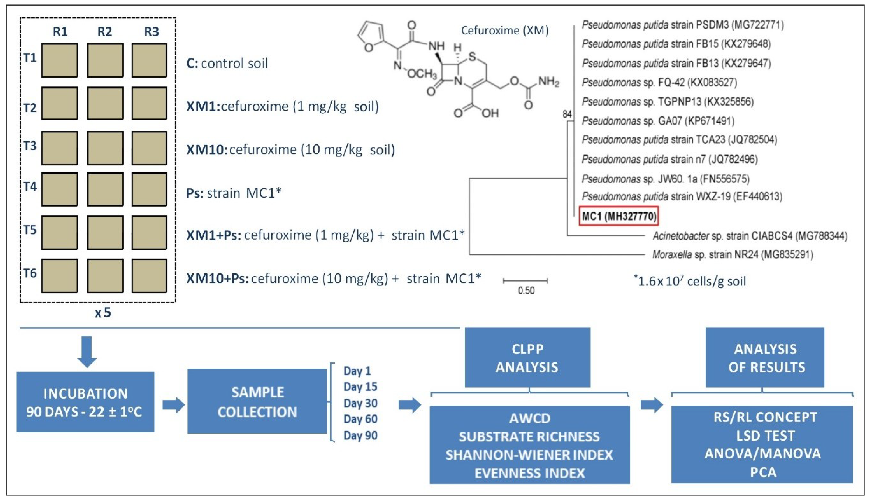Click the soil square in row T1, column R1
pyautogui.click(x=59, y=60)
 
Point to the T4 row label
pyautogui.click(x=30, y=187)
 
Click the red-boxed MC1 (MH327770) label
pyautogui.click(x=619, y=216)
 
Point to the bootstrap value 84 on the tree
pyautogui.click(x=567, y=114)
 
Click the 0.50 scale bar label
pyautogui.click(x=526, y=291)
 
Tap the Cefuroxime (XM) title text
pyautogui.click(x=505, y=31)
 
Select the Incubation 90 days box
pyautogui.click(x=85, y=402)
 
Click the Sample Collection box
pyautogui.click(x=257, y=402)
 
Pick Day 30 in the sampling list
pyautogui.click(x=360, y=403)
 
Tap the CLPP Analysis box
pyautogui.click(x=527, y=358)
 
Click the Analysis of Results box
pyautogui.click(x=765, y=358)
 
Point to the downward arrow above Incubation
pyautogui.click(x=87, y=352)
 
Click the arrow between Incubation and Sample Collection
pyautogui.click(x=173, y=405)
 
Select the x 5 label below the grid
pyautogui.click(x=103, y=313)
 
